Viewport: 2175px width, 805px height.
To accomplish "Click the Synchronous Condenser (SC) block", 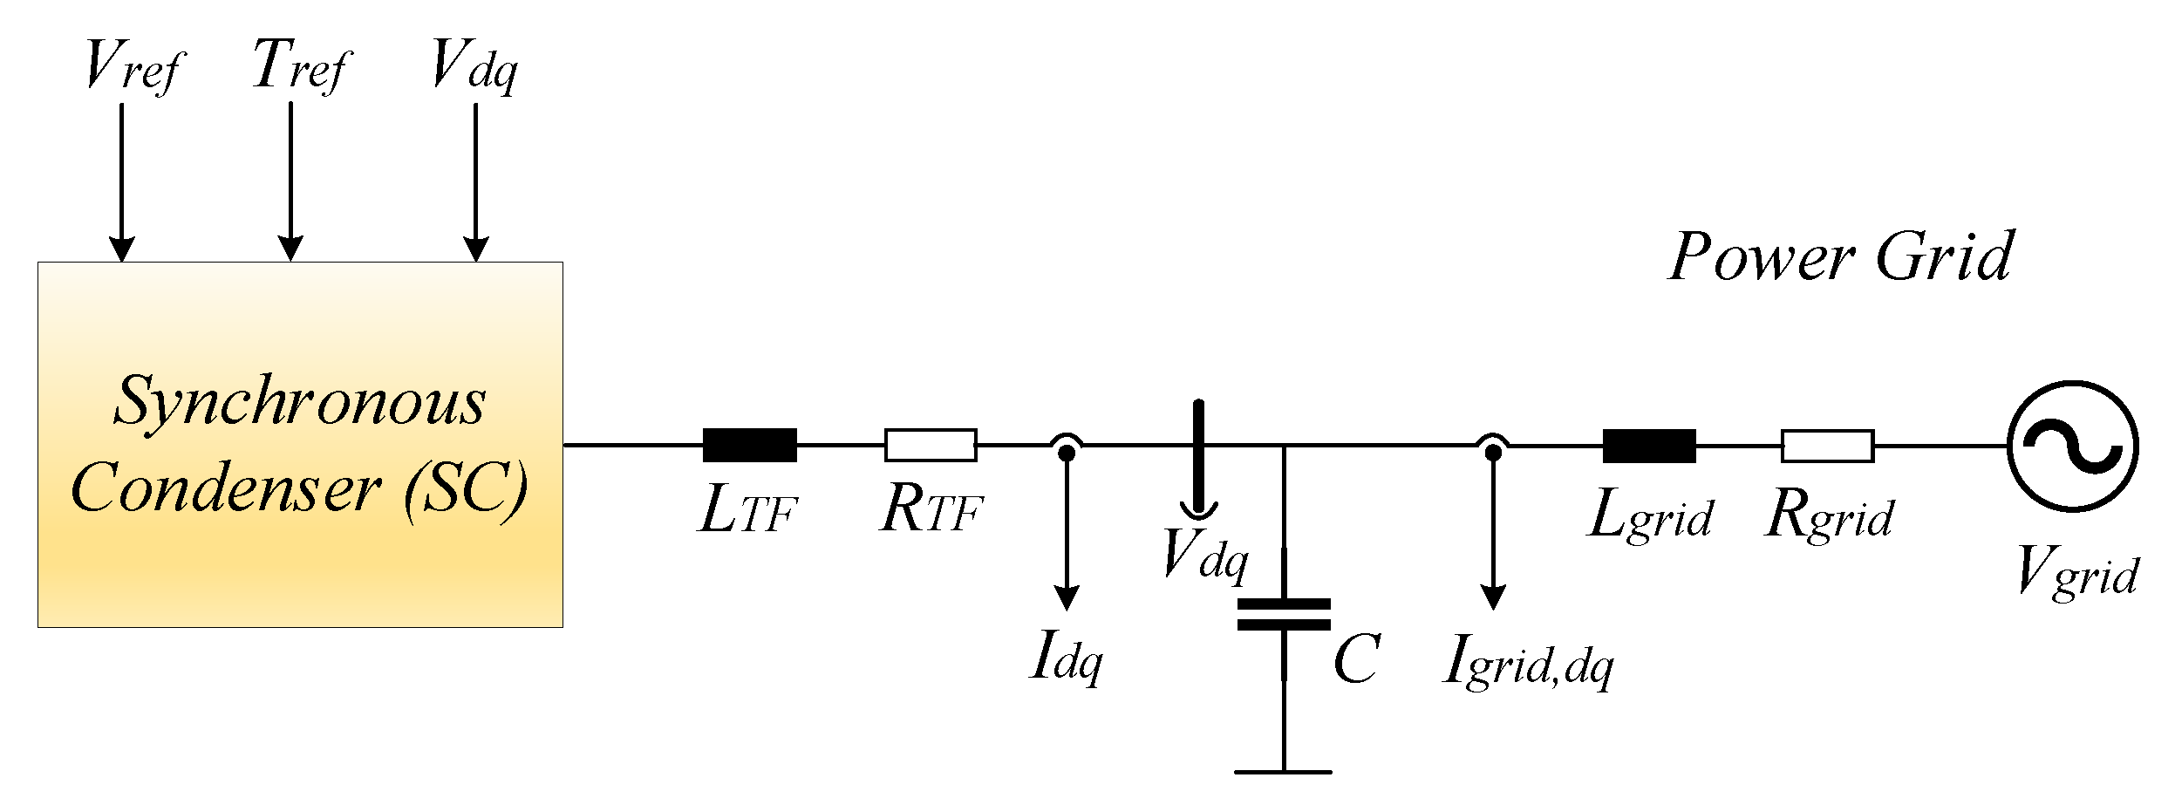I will pyautogui.click(x=300, y=444).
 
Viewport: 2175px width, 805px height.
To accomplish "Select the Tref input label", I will pyautogui.click(x=300, y=65).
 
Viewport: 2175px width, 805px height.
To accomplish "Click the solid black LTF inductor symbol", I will pyautogui.click(x=749, y=445).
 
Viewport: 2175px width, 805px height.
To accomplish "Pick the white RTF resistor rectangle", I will pyautogui.click(x=931, y=445).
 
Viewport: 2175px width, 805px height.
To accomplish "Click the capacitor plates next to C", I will pyautogui.click(x=1284, y=614).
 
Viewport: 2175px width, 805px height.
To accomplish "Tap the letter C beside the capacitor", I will pyautogui.click(x=1355, y=658).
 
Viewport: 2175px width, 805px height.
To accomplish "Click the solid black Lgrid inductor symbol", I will pyautogui.click(x=1649, y=446).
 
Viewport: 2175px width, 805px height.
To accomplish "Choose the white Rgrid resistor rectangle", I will pyautogui.click(x=1827, y=446).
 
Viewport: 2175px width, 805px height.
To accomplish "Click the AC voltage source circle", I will pyautogui.click(x=2072, y=446).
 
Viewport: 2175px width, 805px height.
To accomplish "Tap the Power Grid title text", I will pyautogui.click(x=1840, y=256).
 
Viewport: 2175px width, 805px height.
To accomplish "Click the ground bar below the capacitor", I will pyautogui.click(x=1283, y=772).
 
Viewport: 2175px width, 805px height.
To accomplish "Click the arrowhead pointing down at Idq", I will pyautogui.click(x=1066, y=598).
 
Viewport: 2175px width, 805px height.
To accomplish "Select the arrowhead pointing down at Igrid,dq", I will pyautogui.click(x=1493, y=598).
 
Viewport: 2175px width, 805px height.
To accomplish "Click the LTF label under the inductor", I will pyautogui.click(x=748, y=512).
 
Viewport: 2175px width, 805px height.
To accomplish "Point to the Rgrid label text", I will pyautogui.click(x=1829, y=516).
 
